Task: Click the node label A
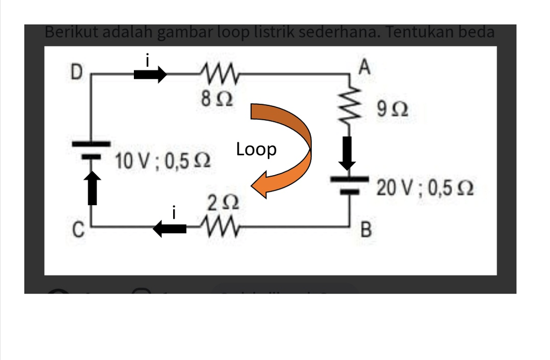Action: click(364, 68)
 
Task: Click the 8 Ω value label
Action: click(217, 99)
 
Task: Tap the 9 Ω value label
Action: click(392, 110)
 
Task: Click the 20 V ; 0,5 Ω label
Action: click(424, 188)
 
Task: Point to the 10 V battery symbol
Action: click(91, 150)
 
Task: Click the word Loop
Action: click(256, 149)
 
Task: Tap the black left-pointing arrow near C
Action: click(170, 229)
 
